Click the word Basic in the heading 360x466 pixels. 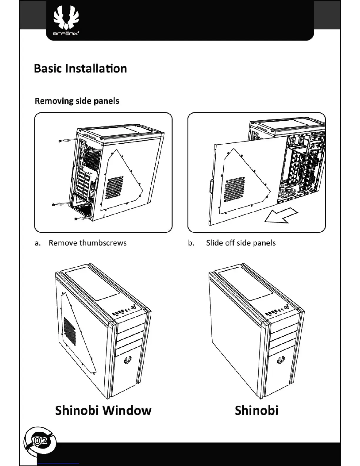click(x=48, y=69)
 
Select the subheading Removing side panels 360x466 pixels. click(x=77, y=101)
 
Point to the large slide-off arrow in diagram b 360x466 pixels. click(x=281, y=215)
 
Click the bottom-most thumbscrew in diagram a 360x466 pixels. click(x=76, y=219)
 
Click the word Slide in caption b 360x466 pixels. click(x=214, y=243)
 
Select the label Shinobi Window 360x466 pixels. click(x=103, y=410)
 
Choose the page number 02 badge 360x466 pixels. click(x=40, y=441)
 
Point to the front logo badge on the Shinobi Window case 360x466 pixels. click(x=128, y=360)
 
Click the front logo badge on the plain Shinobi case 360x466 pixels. click(x=281, y=360)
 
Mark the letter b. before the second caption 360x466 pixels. click(x=191, y=243)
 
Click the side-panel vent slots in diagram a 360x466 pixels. click(x=114, y=187)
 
